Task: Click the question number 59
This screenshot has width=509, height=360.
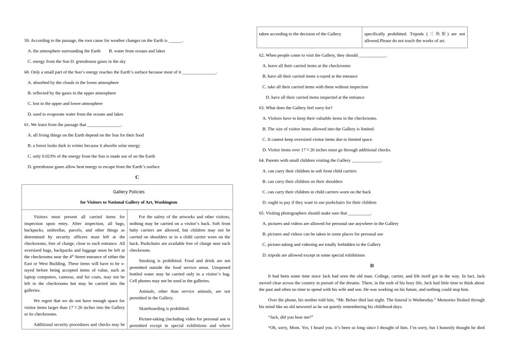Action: (27, 41)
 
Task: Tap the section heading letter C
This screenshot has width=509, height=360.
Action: (137, 177)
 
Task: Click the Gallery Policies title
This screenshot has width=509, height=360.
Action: (129, 192)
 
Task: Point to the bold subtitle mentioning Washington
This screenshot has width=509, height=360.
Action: (129, 202)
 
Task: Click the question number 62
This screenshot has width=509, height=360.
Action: (261, 55)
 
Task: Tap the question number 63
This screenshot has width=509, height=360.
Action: (261, 108)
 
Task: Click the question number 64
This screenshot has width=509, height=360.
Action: (261, 160)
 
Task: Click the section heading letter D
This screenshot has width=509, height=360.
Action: (372, 266)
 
